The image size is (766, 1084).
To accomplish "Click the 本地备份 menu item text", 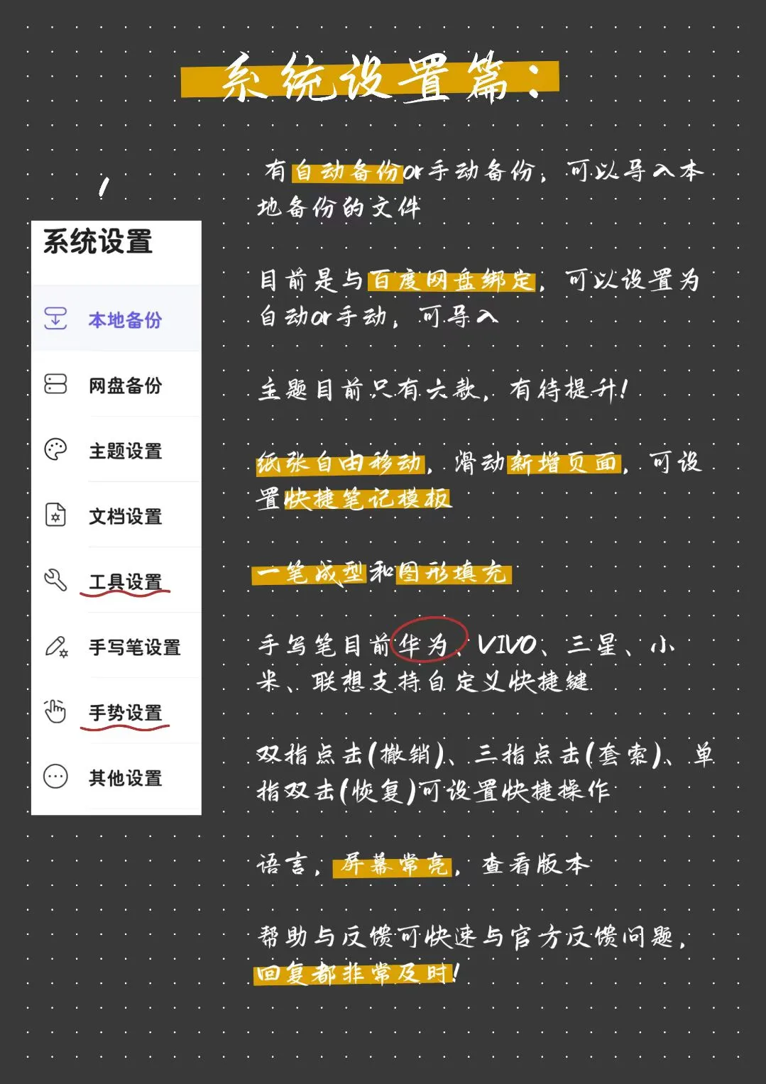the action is pyautogui.click(x=125, y=320).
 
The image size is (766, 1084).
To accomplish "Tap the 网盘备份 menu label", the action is pyautogui.click(x=125, y=385).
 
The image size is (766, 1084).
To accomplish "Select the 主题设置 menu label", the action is pyautogui.click(x=125, y=451).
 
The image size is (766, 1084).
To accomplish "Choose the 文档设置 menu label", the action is pyautogui.click(x=125, y=516).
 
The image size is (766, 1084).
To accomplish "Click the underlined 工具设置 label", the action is pyautogui.click(x=125, y=582).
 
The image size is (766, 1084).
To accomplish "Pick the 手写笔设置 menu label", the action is pyautogui.click(x=134, y=647).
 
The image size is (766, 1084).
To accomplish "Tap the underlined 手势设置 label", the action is pyautogui.click(x=125, y=713).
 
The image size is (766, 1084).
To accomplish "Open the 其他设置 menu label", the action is pyautogui.click(x=125, y=778).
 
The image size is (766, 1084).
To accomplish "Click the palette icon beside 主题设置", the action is pyautogui.click(x=55, y=450).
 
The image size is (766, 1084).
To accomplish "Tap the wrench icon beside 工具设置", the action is pyautogui.click(x=55, y=581).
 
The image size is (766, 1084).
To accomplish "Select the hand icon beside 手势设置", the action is pyautogui.click(x=55, y=711).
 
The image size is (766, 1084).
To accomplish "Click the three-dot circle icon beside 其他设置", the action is pyautogui.click(x=55, y=777).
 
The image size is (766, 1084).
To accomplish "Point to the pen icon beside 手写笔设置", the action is pyautogui.click(x=56, y=647).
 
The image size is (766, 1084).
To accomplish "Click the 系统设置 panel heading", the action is pyautogui.click(x=98, y=242).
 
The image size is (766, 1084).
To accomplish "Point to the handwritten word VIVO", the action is pyautogui.click(x=507, y=645).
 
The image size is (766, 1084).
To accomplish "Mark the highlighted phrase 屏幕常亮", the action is pyautogui.click(x=394, y=864).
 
